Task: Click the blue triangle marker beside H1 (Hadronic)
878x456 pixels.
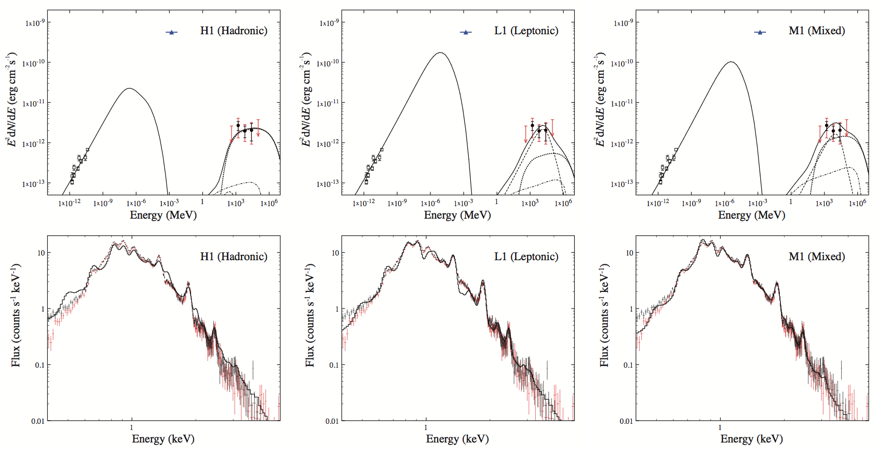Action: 171,32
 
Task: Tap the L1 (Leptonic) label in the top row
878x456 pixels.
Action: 526,31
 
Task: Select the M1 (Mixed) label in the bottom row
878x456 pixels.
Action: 816,257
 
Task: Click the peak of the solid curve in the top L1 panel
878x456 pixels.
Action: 440,52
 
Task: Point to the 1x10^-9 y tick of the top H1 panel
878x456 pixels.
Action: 34,23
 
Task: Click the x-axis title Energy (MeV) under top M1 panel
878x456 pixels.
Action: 751,215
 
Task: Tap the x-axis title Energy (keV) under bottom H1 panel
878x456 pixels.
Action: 163,439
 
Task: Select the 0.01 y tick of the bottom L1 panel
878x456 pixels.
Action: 332,421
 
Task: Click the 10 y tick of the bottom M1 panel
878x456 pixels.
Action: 629,253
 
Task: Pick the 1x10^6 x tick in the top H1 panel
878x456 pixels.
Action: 269,203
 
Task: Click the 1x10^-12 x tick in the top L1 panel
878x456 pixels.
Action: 363,203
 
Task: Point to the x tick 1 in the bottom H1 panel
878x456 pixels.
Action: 131,427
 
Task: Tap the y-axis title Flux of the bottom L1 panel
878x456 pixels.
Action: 310,315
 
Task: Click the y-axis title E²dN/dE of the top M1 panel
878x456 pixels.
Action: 601,99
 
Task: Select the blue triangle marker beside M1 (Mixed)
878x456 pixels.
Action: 760,32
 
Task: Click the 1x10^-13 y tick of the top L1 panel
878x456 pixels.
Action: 328,183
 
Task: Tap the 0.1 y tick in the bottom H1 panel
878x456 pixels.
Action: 39,365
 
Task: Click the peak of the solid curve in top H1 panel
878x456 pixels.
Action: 129,88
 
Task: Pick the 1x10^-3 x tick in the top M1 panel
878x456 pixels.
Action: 758,203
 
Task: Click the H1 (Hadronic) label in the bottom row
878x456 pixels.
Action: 234,257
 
